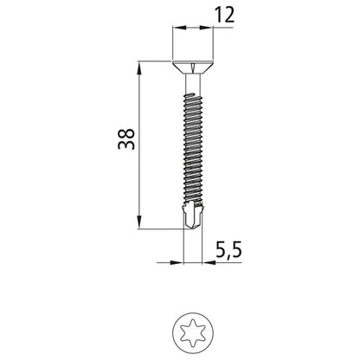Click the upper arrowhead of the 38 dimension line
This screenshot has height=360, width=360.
[138, 66]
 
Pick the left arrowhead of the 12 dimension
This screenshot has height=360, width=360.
[177, 29]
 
